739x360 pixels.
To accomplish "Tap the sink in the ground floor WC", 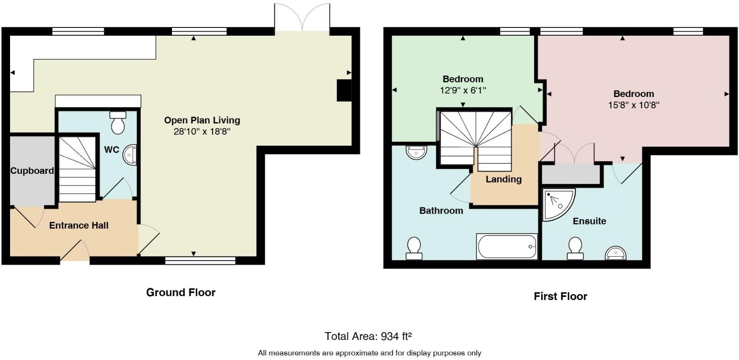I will pos(130,155).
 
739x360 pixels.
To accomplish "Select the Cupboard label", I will pos(32,171).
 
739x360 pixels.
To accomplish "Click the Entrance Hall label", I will pos(79,225).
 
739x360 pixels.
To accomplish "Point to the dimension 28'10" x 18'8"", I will pos(202,132).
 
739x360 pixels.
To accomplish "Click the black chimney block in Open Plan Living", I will pos(344,90).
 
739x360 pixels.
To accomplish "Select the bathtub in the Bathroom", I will pos(507,247).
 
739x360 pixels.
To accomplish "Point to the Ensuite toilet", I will pos(575,248).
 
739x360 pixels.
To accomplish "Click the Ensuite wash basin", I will pos(615,253).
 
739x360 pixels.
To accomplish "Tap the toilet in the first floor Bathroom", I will pos(414,248).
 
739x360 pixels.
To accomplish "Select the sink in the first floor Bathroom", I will pos(416,152).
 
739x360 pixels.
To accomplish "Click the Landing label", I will pos(503,179).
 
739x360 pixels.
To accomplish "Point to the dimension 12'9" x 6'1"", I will pos(463,91).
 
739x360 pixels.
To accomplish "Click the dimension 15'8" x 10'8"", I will pos(633,105).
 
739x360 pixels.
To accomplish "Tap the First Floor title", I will pos(560,296).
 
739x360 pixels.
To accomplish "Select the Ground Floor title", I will pos(181,292).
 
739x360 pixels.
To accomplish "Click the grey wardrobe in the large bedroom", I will pos(571,174).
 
